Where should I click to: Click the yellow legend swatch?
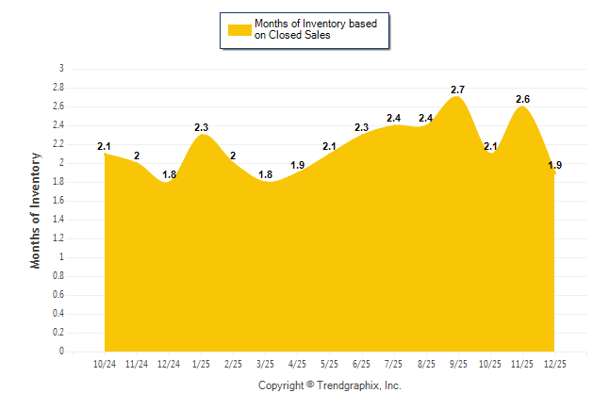pyautogui.click(x=239, y=29)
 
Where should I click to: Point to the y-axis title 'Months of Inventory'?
pyautogui.click(x=36, y=210)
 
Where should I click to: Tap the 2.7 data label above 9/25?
pyautogui.click(x=458, y=90)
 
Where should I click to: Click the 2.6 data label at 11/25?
pyautogui.click(x=522, y=99)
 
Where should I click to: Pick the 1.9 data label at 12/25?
pyautogui.click(x=555, y=165)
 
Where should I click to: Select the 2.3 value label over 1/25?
pyautogui.click(x=202, y=127)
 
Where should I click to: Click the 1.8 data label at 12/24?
pyautogui.click(x=170, y=174)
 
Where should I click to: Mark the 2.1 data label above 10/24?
pyautogui.click(x=105, y=146)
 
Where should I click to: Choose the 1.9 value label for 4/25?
pyautogui.click(x=298, y=165)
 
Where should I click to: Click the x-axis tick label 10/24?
pyautogui.click(x=105, y=363)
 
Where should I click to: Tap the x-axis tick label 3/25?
pyautogui.click(x=266, y=363)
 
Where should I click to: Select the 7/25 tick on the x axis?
pyautogui.click(x=394, y=363)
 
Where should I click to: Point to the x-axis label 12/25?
pyautogui.click(x=555, y=363)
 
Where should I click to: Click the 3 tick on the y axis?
pyautogui.click(x=61, y=69)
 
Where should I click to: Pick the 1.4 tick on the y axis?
pyautogui.click(x=58, y=220)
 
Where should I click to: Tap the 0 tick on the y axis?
pyautogui.click(x=61, y=352)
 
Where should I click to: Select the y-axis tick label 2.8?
pyautogui.click(x=58, y=88)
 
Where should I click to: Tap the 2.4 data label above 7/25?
pyautogui.click(x=394, y=118)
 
